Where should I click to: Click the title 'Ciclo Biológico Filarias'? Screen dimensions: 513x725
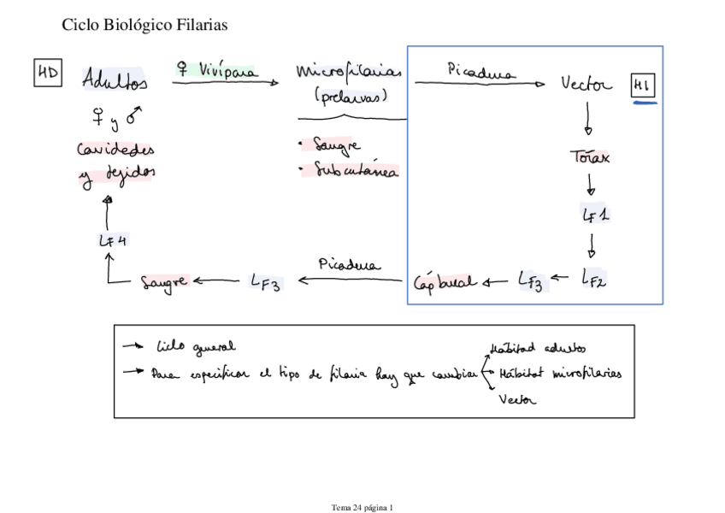point(144,26)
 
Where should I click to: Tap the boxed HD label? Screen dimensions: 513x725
point(47,75)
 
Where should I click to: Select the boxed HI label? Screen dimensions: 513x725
point(643,85)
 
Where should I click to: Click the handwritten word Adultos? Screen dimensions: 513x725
point(115,80)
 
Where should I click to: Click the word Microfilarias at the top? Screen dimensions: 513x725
point(349,72)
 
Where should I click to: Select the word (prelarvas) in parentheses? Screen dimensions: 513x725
point(350,96)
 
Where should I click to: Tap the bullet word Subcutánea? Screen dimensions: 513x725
point(353,171)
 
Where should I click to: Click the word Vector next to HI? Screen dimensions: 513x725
point(586,84)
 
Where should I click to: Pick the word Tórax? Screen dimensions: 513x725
point(590,156)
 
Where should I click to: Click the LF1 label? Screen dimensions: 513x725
point(595,215)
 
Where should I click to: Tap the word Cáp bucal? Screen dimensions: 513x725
point(445,280)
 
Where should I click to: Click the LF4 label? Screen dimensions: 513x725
point(113,240)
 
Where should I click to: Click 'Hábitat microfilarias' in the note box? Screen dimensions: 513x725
point(560,374)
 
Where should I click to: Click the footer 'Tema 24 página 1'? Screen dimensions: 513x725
point(362,507)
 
